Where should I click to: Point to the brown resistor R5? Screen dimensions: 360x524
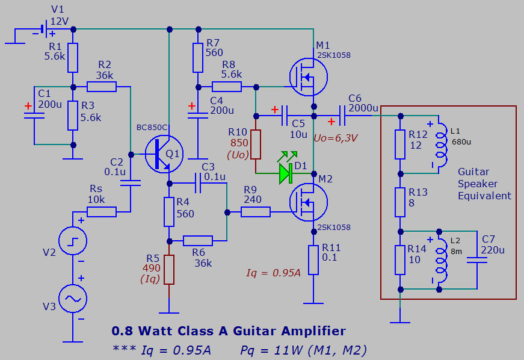(x=169, y=269)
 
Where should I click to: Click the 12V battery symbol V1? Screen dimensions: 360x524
(x=43, y=29)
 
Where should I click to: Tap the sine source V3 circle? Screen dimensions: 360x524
(x=72, y=299)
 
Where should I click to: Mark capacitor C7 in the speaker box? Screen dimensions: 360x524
(x=477, y=259)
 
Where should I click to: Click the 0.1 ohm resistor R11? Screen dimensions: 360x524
(x=313, y=259)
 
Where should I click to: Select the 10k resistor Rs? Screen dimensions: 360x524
(x=101, y=212)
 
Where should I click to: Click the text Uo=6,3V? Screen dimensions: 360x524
(x=336, y=138)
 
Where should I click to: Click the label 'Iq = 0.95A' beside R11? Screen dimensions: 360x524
(x=273, y=273)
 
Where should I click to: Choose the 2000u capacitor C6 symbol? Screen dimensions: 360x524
(x=342, y=114)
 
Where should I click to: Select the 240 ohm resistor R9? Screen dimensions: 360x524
(x=256, y=212)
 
